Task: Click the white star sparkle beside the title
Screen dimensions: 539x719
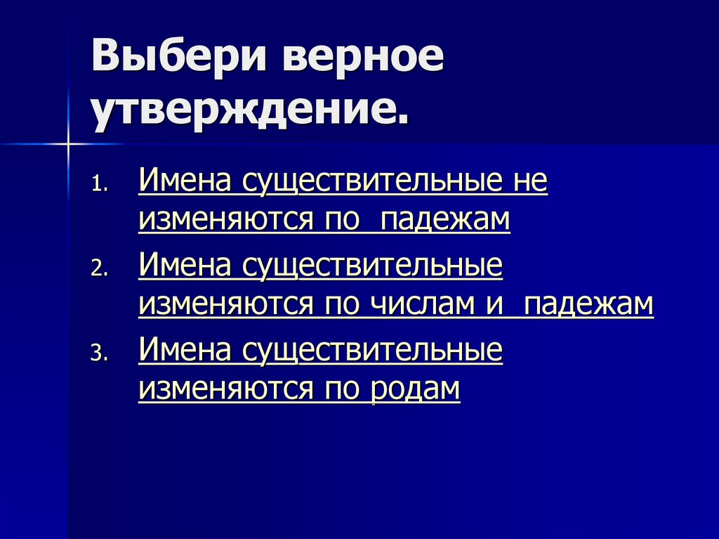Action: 69,144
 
